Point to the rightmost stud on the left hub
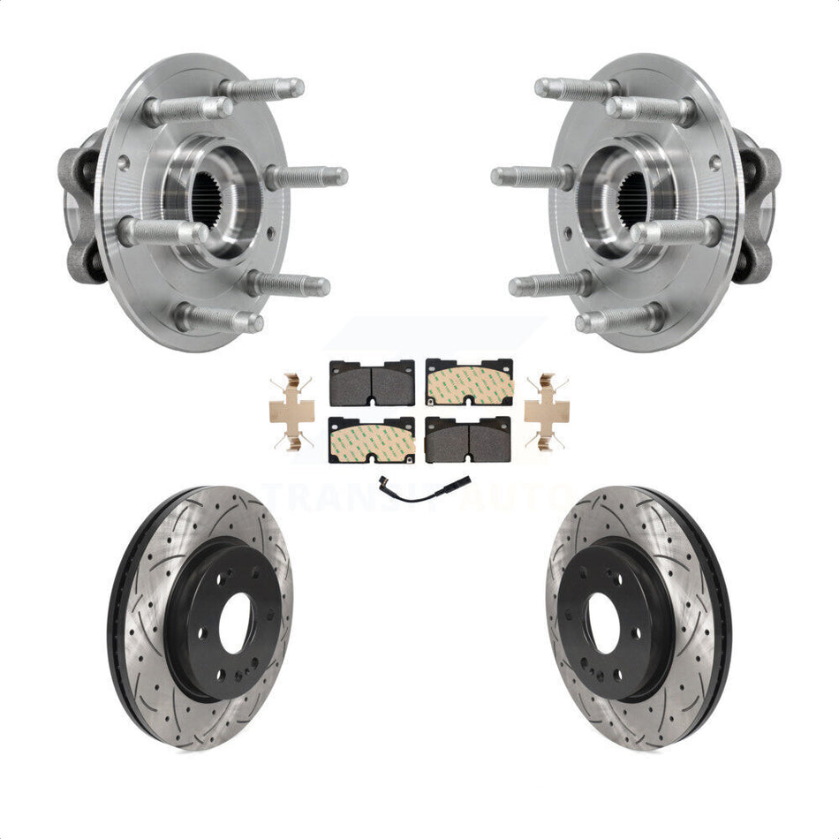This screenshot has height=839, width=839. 309,177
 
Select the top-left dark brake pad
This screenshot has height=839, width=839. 372,383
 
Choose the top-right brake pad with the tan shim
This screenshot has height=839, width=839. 469,383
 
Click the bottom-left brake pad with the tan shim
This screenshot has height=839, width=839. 372,440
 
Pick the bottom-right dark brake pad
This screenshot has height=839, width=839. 469,440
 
